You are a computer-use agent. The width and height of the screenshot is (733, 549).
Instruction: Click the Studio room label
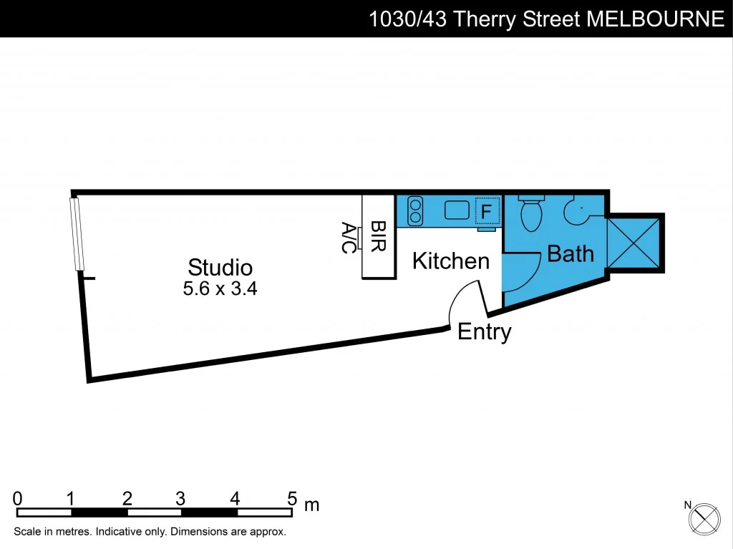220,267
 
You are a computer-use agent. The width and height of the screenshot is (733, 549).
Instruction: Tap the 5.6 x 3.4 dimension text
220,289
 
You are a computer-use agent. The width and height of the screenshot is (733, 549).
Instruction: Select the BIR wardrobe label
379,236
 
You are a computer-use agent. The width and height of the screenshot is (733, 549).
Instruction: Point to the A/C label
349,238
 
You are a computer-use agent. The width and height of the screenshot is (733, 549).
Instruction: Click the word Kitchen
451,261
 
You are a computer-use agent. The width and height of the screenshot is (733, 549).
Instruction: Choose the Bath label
571,253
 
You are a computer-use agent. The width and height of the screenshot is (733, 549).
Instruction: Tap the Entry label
484,331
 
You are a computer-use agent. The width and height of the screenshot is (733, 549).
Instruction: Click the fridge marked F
486,211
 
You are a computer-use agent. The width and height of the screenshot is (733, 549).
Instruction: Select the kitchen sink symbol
456,210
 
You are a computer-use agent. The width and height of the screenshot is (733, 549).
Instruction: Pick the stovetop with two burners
415,211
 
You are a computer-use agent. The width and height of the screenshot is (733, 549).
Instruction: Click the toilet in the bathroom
531,213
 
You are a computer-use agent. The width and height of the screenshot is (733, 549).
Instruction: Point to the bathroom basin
577,210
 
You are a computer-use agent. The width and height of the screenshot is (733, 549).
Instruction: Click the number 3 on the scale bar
180,498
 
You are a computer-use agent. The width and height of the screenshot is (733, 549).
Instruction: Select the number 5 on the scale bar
292,498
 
